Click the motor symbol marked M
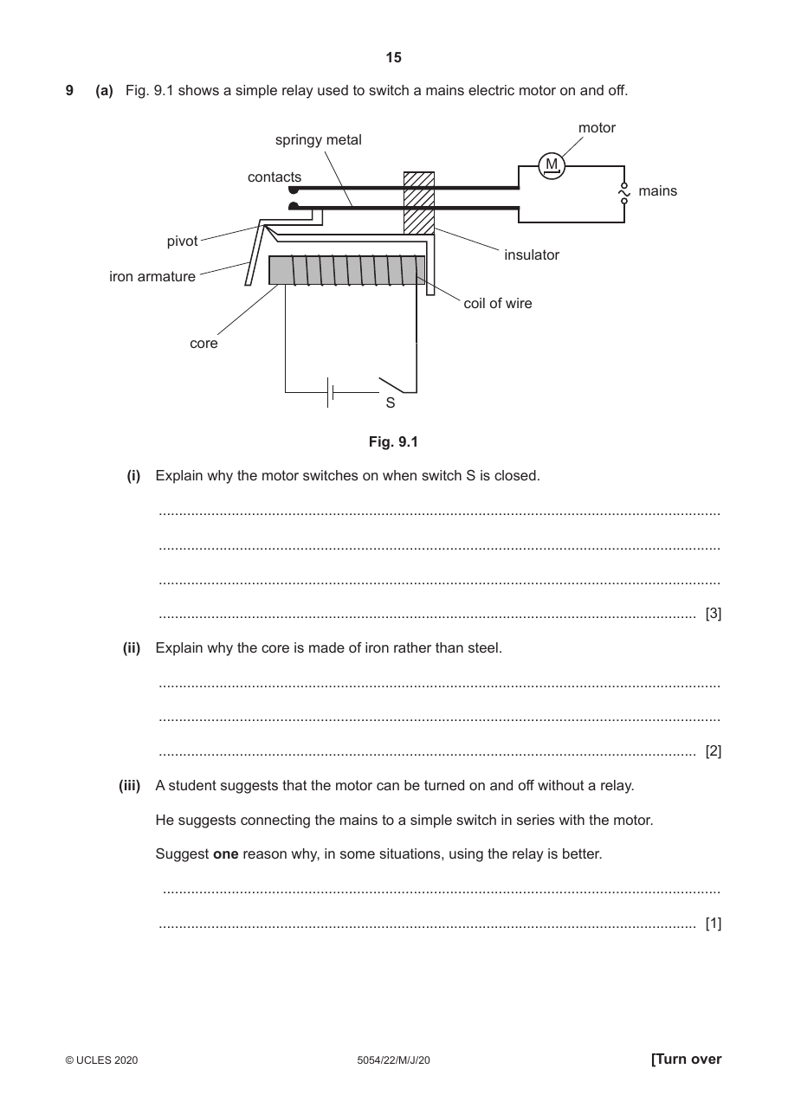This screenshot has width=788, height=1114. click(552, 165)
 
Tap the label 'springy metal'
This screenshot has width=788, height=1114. click(319, 139)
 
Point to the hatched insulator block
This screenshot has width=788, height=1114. click(419, 203)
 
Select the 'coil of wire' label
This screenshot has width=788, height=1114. click(497, 303)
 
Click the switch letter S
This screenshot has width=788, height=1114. click(391, 402)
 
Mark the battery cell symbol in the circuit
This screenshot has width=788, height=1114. click(330, 392)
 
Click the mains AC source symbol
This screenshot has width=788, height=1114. click(624, 193)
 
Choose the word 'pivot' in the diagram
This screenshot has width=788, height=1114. click(182, 241)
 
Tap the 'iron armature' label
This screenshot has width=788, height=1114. click(152, 276)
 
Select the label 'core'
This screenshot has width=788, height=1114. click(203, 344)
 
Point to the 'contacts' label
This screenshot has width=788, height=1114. click(275, 177)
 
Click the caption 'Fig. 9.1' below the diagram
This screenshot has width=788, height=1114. click(393, 441)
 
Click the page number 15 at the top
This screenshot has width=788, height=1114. click(393, 58)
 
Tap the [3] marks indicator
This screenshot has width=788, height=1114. click(714, 613)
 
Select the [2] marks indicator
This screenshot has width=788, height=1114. click(714, 750)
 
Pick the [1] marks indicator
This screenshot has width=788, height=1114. click(714, 923)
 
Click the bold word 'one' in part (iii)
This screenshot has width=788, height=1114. click(226, 854)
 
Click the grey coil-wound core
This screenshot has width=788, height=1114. click(346, 270)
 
